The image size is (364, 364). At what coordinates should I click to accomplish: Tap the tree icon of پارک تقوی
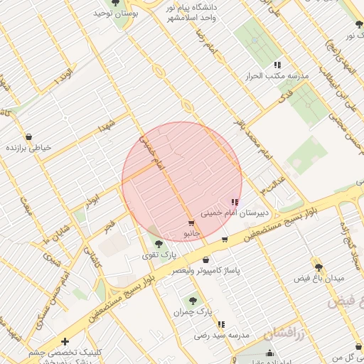[158, 243]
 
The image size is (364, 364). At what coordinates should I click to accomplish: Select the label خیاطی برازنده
[30, 148]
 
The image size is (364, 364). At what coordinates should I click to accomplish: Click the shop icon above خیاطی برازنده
[28, 136]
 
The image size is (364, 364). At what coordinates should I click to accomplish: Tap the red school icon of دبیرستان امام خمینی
[235, 202]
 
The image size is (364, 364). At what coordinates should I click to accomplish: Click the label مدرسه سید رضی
[222, 335]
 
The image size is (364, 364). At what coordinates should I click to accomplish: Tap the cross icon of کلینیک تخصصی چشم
[65, 341]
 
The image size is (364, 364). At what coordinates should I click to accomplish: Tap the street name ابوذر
[92, 201]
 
